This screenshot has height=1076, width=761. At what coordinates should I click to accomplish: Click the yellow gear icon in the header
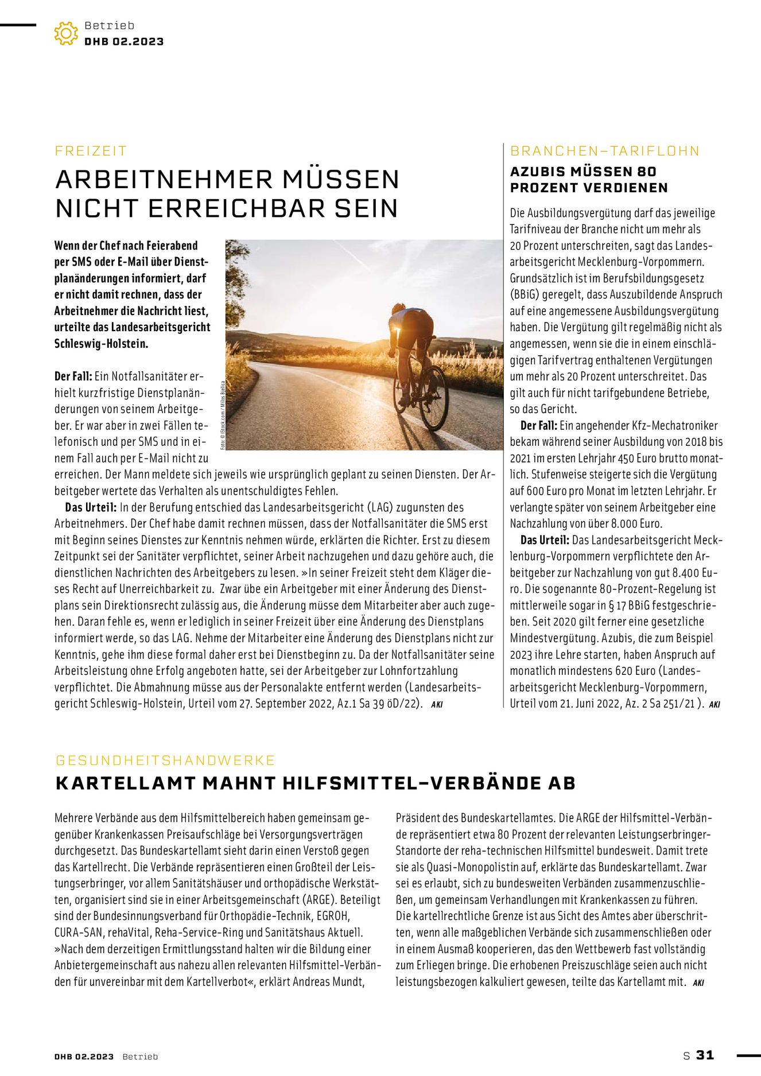(66, 33)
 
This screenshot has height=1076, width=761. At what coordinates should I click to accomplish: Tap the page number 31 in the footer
(705, 1055)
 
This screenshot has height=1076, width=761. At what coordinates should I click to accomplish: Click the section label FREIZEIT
(91, 151)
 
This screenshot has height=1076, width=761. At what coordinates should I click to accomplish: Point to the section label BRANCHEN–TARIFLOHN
(605, 151)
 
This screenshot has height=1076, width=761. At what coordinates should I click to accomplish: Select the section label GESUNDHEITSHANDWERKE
(165, 760)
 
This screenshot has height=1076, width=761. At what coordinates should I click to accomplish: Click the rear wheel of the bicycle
(434, 397)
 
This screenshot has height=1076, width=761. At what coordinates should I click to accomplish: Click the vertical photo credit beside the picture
(222, 413)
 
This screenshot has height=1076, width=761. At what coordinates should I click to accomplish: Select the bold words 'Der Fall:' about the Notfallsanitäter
(73, 376)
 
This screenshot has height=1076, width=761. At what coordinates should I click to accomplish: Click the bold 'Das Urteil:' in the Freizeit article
(91, 507)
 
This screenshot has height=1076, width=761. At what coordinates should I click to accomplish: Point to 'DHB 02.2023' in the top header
(124, 41)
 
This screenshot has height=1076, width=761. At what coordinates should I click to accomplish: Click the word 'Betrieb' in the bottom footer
(140, 1056)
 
